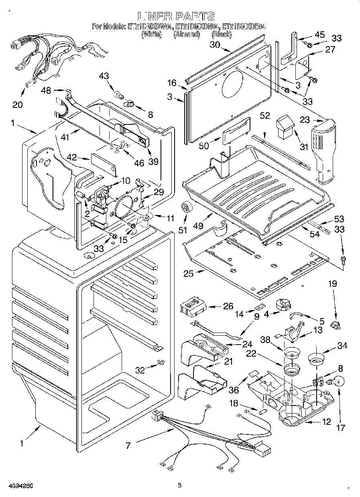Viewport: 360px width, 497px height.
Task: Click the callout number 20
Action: (17, 105)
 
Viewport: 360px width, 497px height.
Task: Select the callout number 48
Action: (46, 91)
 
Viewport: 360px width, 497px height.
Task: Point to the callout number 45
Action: (319, 34)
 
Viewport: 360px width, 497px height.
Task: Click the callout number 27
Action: (330, 50)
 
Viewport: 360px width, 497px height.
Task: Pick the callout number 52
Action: (264, 116)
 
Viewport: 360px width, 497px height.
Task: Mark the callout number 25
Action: (188, 274)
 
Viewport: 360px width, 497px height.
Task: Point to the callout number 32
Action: (140, 370)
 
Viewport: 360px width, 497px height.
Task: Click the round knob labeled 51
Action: (186, 207)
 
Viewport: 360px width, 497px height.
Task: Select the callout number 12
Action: (327, 422)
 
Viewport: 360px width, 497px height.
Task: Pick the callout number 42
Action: (72, 157)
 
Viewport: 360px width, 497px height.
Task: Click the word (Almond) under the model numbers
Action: (187, 35)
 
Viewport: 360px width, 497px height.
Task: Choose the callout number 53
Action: (339, 219)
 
